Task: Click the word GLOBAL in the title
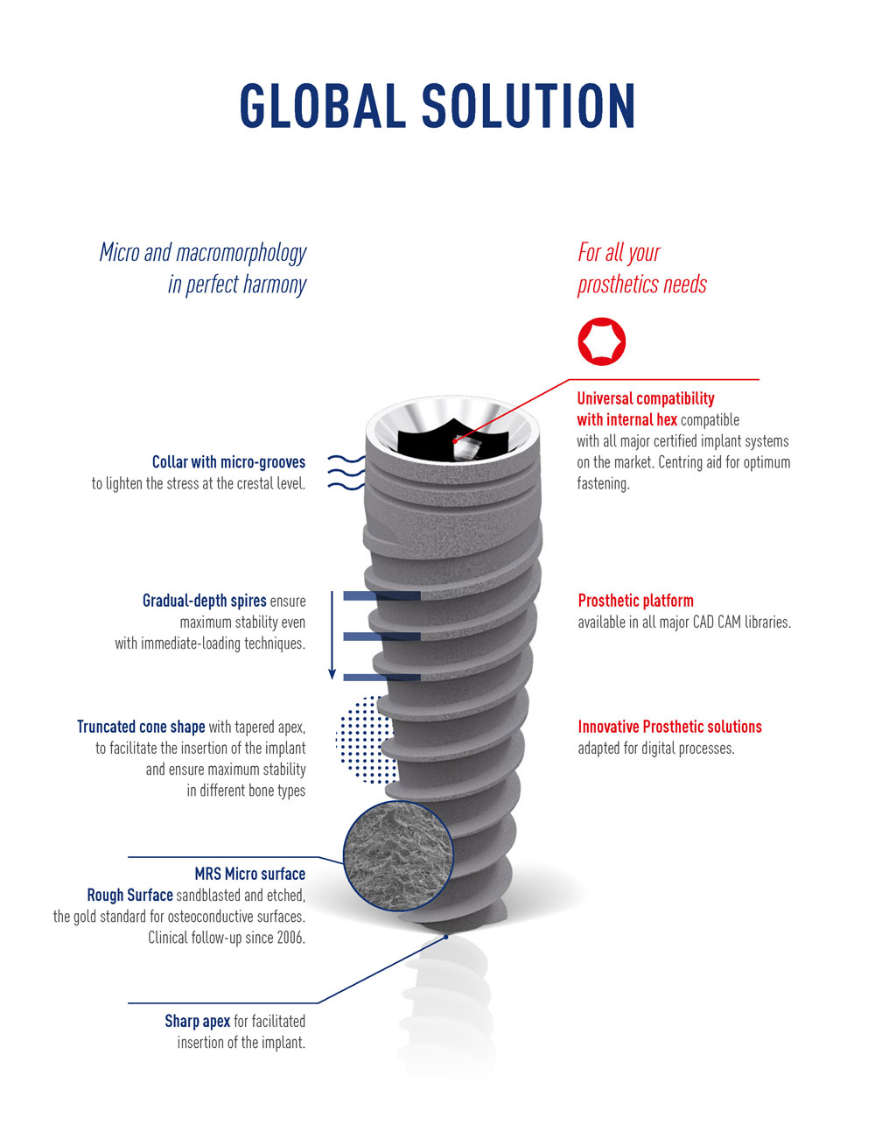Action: point(323,107)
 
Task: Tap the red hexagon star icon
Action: point(601,341)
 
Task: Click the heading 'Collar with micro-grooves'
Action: point(228,462)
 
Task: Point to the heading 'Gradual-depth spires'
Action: point(204,601)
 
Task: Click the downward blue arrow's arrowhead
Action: point(332,673)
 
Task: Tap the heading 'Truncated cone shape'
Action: point(141,727)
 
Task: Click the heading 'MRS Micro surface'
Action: point(249,874)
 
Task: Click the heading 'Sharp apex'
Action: point(197,1021)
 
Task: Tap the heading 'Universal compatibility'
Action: point(646,398)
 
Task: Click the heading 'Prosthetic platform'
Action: point(635,601)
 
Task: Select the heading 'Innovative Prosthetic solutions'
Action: point(669,727)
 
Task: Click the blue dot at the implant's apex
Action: point(446,937)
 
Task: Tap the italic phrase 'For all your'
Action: point(619,253)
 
